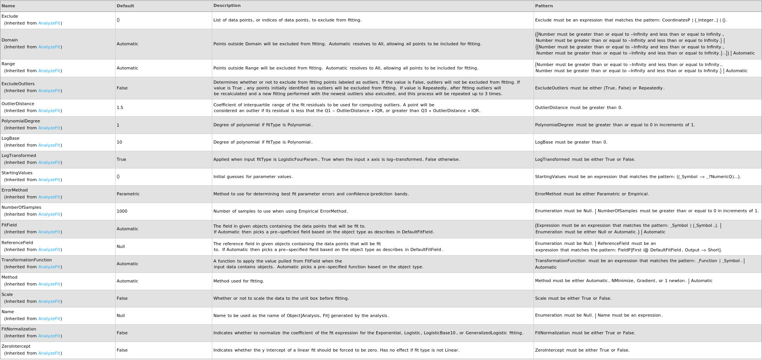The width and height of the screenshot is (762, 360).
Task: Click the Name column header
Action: click(x=8, y=6)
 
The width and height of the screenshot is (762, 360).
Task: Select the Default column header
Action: click(x=125, y=6)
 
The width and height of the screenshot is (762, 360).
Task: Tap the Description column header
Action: click(x=227, y=6)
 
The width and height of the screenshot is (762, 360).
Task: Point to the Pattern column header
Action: click(x=544, y=6)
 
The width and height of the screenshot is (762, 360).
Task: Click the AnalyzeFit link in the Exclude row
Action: click(x=49, y=23)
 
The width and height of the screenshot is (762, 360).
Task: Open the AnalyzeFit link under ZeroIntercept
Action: click(x=49, y=353)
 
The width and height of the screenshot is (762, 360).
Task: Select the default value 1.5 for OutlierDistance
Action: click(x=120, y=108)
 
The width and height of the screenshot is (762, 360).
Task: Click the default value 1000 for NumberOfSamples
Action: click(x=122, y=211)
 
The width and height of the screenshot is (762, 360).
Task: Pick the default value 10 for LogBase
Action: click(x=119, y=142)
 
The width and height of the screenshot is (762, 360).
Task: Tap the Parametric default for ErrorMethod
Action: click(x=128, y=194)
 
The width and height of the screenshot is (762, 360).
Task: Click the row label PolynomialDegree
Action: click(x=21, y=121)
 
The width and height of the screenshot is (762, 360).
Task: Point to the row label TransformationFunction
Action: click(x=26, y=260)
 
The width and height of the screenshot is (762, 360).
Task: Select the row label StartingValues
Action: click(x=17, y=173)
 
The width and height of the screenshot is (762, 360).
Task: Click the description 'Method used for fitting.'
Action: click(x=238, y=281)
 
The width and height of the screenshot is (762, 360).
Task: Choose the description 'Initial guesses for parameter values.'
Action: click(x=253, y=177)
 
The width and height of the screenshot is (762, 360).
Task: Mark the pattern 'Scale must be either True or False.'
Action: click(x=573, y=299)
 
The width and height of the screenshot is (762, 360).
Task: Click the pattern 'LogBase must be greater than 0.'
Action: click(x=571, y=142)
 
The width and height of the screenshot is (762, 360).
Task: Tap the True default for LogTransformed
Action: click(x=121, y=160)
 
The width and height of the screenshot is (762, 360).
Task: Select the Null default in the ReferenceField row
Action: click(x=121, y=247)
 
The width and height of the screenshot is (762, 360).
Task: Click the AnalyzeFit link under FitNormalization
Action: click(x=49, y=336)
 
